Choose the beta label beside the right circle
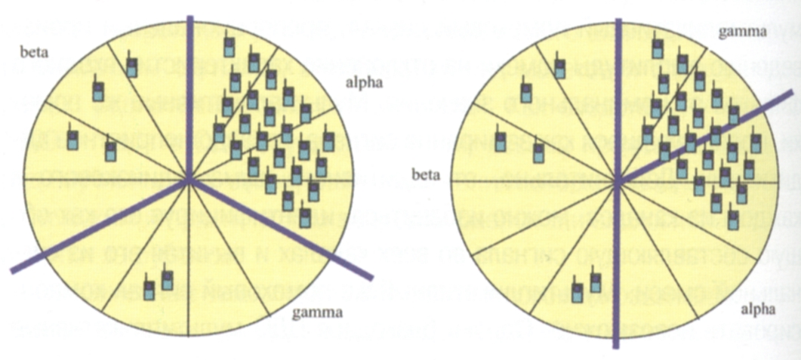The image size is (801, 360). pos(427,176)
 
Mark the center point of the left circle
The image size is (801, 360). pos(190,180)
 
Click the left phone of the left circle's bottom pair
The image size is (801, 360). pos(149,289)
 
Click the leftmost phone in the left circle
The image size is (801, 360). pos(73,140)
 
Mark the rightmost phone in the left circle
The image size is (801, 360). pos(328,140)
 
